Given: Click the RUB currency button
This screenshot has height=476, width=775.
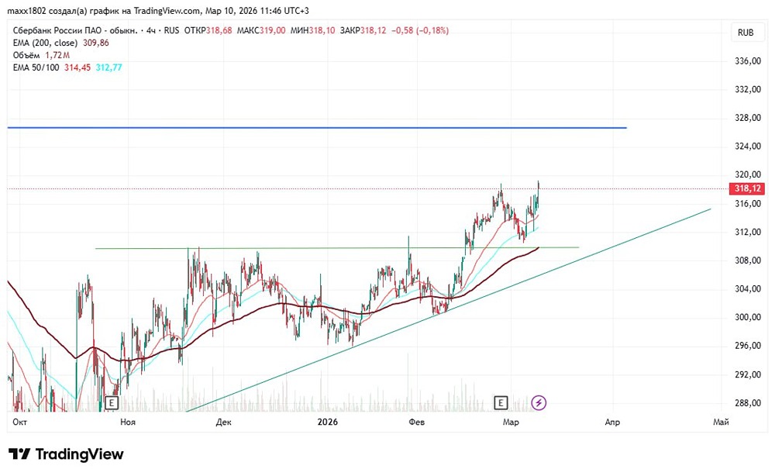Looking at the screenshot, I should pyautogui.click(x=746, y=32).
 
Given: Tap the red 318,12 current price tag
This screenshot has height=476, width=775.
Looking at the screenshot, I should pyautogui.click(x=747, y=188).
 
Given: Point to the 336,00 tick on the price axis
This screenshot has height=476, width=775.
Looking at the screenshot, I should pyautogui.click(x=747, y=60).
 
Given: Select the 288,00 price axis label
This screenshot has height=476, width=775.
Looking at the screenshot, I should pyautogui.click(x=747, y=403).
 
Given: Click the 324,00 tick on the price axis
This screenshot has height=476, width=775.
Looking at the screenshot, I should pyautogui.click(x=747, y=147).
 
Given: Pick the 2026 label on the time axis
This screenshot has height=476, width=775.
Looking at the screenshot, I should pyautogui.click(x=329, y=422).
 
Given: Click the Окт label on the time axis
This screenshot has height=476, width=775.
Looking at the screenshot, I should pyautogui.click(x=19, y=422).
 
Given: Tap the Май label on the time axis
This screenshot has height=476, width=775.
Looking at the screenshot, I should pyautogui.click(x=721, y=422).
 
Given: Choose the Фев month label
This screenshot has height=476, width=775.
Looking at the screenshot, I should pyautogui.click(x=417, y=422).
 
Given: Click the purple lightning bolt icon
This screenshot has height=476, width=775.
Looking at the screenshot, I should pyautogui.click(x=539, y=402).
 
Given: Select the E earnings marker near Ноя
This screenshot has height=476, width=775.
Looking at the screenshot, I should pyautogui.click(x=112, y=403).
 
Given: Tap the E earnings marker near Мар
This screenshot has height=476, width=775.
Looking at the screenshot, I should pyautogui.click(x=501, y=402).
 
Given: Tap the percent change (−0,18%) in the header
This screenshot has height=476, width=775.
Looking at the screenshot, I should pyautogui.click(x=430, y=30).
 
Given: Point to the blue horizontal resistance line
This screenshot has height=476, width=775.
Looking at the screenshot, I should pyautogui.click(x=310, y=127).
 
